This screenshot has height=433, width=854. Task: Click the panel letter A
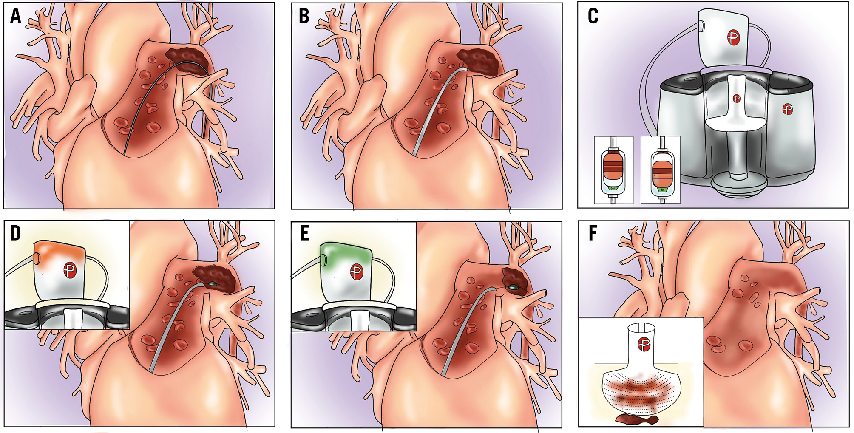[16, 17]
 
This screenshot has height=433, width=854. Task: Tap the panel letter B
[304, 17]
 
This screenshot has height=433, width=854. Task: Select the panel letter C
[593, 17]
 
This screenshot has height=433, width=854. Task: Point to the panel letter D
[15, 233]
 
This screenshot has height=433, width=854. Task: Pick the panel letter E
[304, 233]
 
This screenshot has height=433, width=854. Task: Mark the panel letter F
[593, 233]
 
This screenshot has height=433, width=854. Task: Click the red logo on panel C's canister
[733, 37]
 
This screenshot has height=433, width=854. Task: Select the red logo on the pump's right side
[788, 110]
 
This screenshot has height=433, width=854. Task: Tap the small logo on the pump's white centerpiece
[737, 99]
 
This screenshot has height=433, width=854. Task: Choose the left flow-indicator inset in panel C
[613, 170]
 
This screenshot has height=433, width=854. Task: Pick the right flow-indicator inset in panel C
[661, 170]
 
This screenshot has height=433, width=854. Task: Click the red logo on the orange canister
[70, 270]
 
